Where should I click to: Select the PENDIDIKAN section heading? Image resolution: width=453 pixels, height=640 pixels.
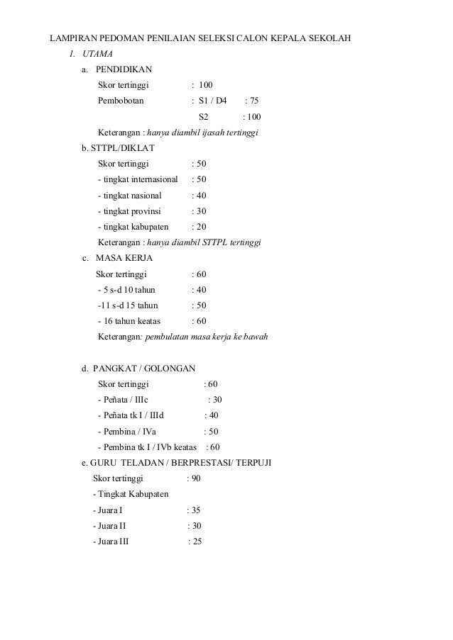pos(123,70)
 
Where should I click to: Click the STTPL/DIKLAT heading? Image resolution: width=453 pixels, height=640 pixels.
pos(117,149)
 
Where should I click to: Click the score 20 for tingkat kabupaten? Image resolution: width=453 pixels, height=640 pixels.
pos(201,227)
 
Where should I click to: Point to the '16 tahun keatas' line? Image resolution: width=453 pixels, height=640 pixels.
pos(131,321)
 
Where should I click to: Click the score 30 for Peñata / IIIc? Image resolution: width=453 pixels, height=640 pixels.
pos(215,400)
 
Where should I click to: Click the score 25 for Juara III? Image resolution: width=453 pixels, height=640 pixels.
pos(195,542)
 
